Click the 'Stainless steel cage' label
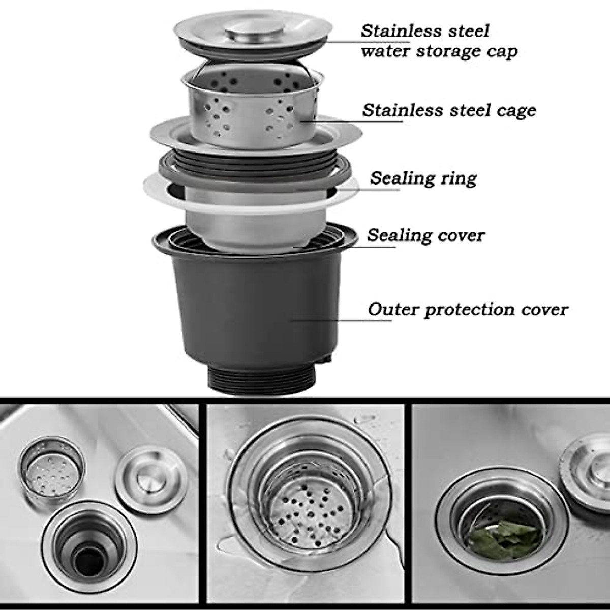click(x=449, y=110)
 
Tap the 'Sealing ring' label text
click(x=423, y=178)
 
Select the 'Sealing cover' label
click(x=425, y=235)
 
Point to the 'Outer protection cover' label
click(x=468, y=309)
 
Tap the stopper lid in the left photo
click(x=151, y=478)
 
